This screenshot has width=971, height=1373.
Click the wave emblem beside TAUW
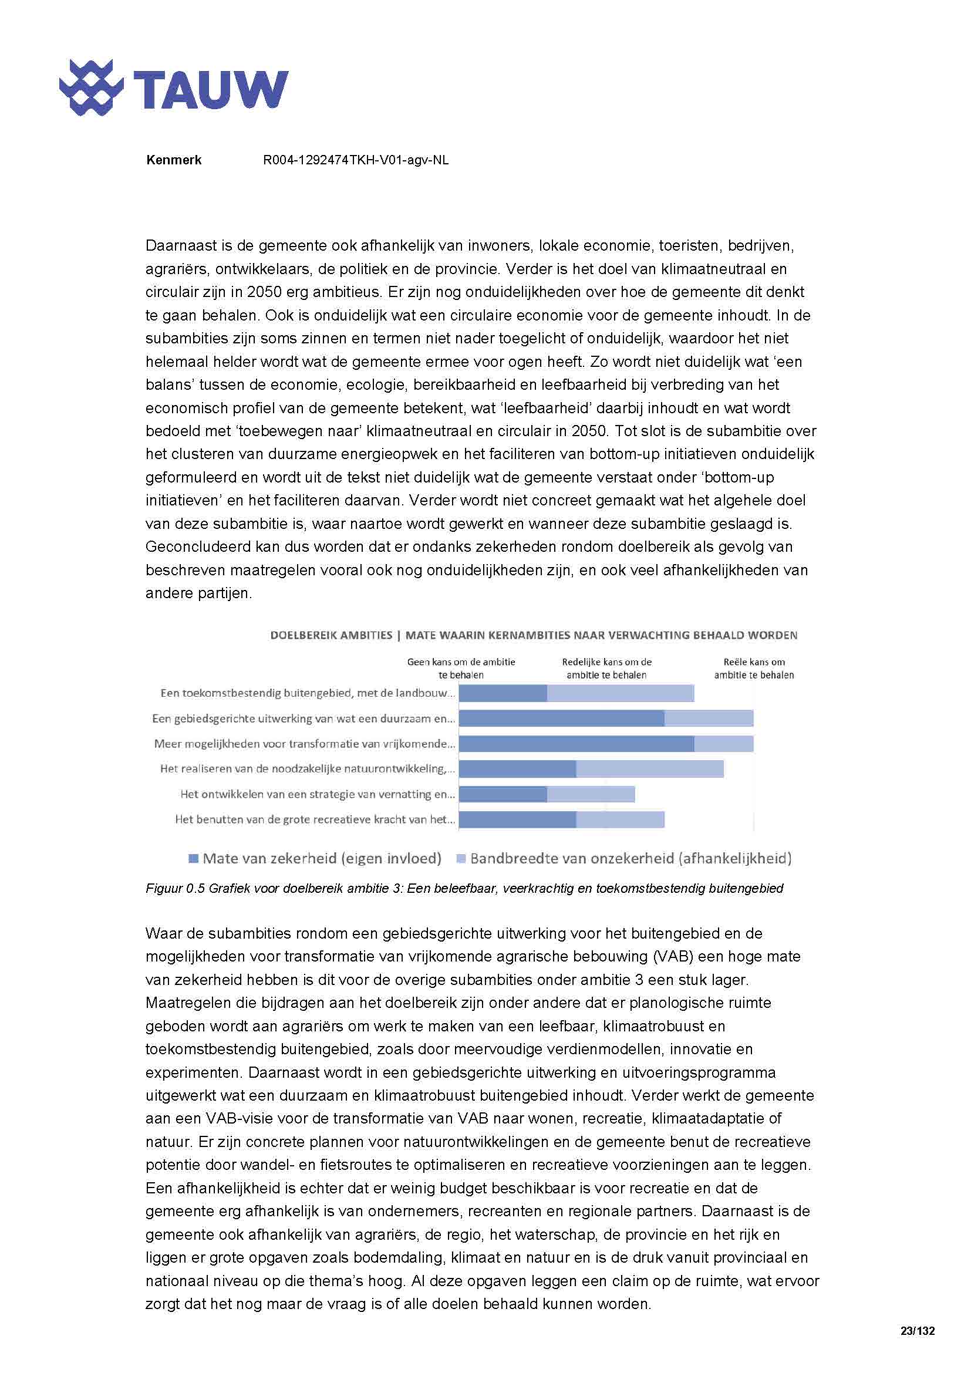(x=91, y=87)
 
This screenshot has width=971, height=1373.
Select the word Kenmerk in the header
(x=173, y=160)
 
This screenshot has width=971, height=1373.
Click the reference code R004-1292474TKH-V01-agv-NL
(x=356, y=160)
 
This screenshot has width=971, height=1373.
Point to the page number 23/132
(x=916, y=1331)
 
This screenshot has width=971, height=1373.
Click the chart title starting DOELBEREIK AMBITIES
(x=533, y=635)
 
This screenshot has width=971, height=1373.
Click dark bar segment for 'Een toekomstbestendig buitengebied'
(x=503, y=694)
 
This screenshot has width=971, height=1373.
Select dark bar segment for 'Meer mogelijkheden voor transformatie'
(x=576, y=744)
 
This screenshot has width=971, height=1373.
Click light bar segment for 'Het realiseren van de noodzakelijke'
(x=649, y=769)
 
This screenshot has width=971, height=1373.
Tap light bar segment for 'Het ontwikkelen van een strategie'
(x=591, y=794)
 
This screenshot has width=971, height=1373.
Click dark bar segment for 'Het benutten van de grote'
(x=517, y=819)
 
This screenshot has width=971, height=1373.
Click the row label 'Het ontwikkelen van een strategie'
(x=317, y=795)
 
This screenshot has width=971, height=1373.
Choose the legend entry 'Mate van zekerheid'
(x=315, y=859)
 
